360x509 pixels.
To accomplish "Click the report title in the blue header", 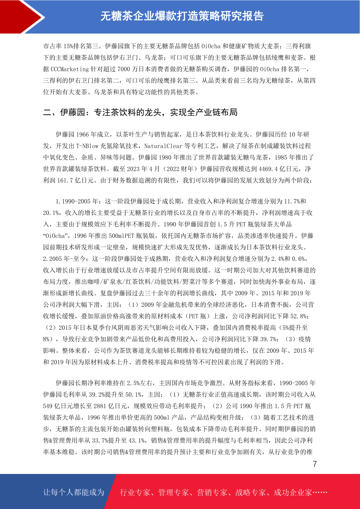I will click(182, 16).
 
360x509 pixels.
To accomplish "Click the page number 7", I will click(315, 464).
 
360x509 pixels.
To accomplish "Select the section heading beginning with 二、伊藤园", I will click(140, 112).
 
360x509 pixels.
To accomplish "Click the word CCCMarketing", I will click(70, 69).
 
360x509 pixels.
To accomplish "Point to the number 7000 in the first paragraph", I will click(123, 69).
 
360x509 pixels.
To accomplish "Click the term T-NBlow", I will click(87, 146).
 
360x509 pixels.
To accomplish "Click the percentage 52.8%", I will click(299, 316).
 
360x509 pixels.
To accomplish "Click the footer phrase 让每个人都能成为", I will click(74, 492).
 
